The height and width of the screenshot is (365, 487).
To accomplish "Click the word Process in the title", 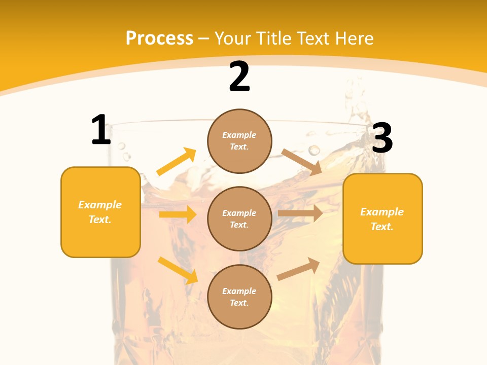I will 159,39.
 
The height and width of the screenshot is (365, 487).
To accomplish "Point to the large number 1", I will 101,130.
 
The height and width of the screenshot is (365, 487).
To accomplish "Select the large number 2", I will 239,77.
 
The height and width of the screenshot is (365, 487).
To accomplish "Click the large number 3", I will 382,138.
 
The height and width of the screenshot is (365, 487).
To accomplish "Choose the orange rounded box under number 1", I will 100,212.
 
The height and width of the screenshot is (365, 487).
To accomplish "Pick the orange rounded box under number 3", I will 382,219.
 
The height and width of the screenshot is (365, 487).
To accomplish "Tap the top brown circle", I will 239,141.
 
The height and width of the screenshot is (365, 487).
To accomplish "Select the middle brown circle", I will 239,219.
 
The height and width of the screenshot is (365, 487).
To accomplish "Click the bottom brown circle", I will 239,297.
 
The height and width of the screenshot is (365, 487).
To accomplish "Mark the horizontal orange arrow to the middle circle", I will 178,214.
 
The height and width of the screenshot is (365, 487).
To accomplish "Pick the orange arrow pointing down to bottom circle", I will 178,270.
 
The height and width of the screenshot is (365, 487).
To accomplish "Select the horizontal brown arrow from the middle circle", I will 300,213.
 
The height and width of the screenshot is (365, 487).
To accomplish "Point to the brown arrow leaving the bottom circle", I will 298,269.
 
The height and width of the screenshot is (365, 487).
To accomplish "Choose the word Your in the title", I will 233,39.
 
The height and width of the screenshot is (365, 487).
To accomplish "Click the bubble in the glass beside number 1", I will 121,146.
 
